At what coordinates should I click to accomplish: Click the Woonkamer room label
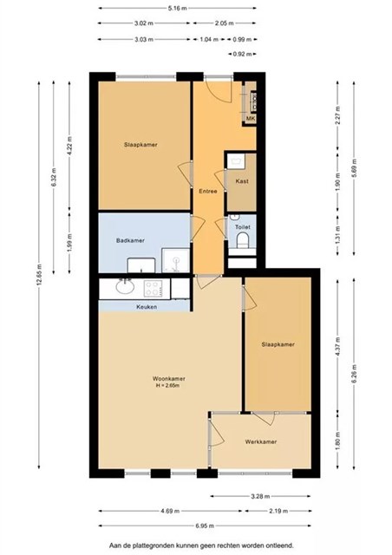(169, 378)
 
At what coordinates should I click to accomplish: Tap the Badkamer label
(130, 241)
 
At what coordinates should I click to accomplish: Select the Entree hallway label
(208, 191)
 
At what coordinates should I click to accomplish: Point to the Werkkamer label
(261, 441)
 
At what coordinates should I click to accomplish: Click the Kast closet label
(242, 181)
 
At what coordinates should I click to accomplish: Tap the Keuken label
(147, 307)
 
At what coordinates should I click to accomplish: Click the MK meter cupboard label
(251, 119)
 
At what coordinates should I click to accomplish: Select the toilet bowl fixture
(243, 240)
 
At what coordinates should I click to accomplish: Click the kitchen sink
(125, 286)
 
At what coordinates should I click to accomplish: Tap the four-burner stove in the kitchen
(154, 289)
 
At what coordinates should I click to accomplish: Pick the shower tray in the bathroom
(176, 260)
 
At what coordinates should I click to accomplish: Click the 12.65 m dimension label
(39, 275)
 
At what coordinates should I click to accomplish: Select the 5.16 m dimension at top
(178, 8)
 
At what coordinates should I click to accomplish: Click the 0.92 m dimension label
(242, 54)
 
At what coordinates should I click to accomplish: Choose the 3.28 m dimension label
(260, 496)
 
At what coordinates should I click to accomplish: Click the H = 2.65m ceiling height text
(167, 385)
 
